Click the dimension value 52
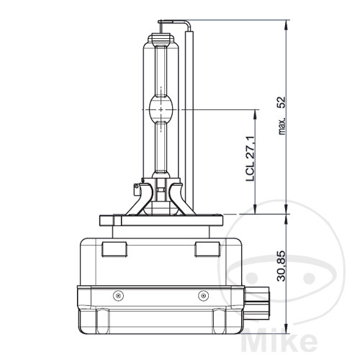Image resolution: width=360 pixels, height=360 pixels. tap(282, 102)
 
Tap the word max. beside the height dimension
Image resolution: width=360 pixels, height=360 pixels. tap(282, 126)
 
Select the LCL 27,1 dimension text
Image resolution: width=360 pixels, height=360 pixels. tap(250, 158)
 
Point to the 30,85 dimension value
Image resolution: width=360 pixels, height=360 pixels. tap(281, 266)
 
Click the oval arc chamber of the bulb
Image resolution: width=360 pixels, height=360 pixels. tap(161, 109)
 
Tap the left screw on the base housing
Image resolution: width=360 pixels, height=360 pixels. tap(118, 295)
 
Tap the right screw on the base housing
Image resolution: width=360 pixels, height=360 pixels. tap(203, 295)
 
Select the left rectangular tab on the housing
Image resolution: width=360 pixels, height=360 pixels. tap(114, 250)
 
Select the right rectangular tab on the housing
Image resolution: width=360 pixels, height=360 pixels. tap(207, 250)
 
